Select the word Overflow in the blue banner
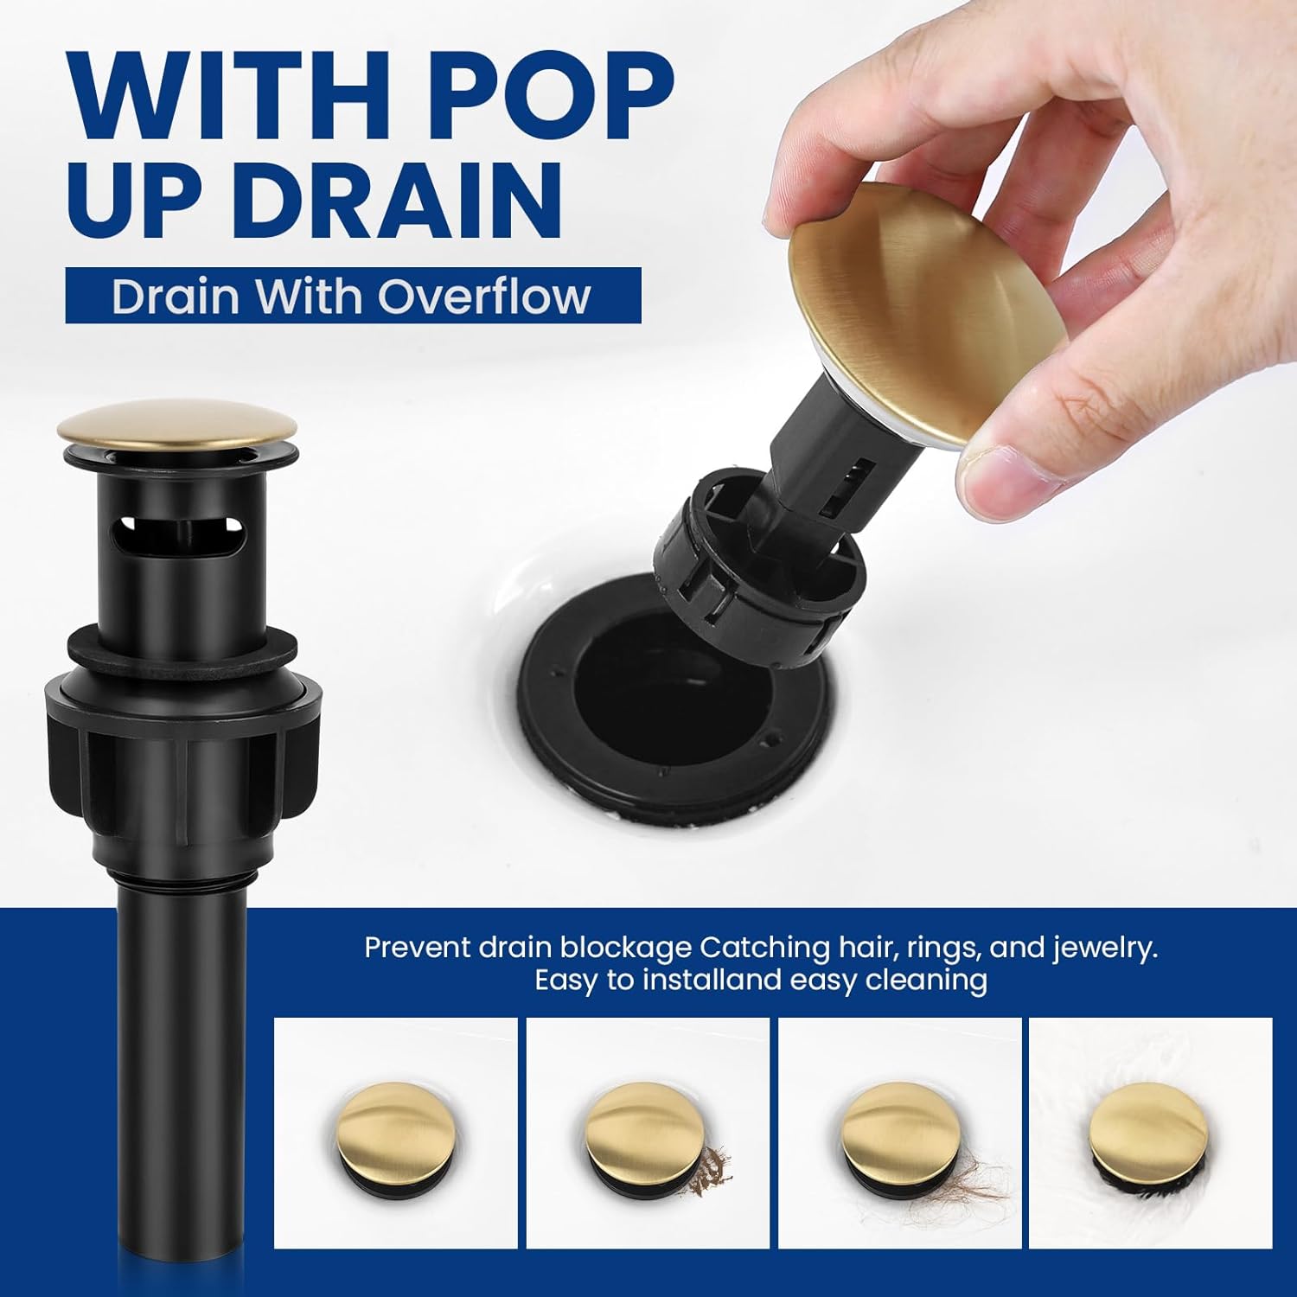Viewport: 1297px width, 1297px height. pos(483,296)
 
